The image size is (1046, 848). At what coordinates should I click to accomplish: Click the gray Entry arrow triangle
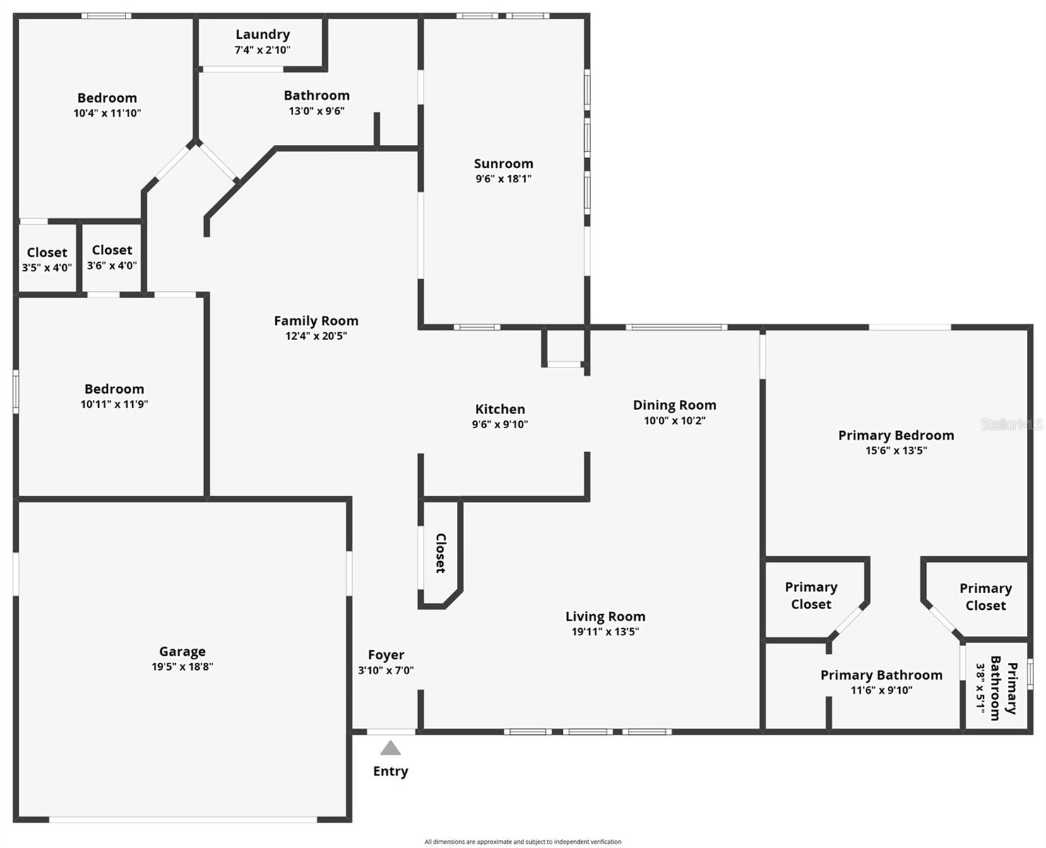(x=391, y=748)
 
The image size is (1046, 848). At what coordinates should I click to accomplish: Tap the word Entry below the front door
(x=391, y=771)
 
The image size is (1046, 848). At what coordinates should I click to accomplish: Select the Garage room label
(x=182, y=652)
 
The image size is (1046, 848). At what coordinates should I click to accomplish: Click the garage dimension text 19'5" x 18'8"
(x=182, y=666)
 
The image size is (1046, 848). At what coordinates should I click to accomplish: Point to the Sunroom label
(x=504, y=163)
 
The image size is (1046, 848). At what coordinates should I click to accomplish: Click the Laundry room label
(x=263, y=34)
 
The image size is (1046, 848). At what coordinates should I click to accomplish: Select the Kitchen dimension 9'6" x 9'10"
(x=500, y=425)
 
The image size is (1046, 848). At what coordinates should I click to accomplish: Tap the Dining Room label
(x=674, y=405)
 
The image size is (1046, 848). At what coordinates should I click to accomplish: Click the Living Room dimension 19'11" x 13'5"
(x=605, y=632)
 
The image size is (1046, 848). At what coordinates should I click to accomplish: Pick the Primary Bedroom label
(x=896, y=435)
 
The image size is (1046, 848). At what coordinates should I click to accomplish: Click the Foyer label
(x=386, y=655)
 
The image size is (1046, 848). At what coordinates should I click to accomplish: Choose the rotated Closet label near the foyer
(x=441, y=553)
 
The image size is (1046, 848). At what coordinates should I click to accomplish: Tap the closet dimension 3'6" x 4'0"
(x=112, y=266)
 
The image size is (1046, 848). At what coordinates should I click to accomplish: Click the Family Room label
(x=316, y=321)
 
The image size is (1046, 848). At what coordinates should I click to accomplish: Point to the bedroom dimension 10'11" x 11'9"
(x=114, y=404)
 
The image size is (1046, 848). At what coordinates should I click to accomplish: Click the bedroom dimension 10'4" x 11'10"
(x=107, y=113)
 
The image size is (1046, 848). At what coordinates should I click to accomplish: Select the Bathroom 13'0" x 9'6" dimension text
(x=316, y=111)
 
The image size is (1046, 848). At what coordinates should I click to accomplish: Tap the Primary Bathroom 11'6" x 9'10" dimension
(x=881, y=690)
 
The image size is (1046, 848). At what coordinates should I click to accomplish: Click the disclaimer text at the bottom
(x=523, y=842)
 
